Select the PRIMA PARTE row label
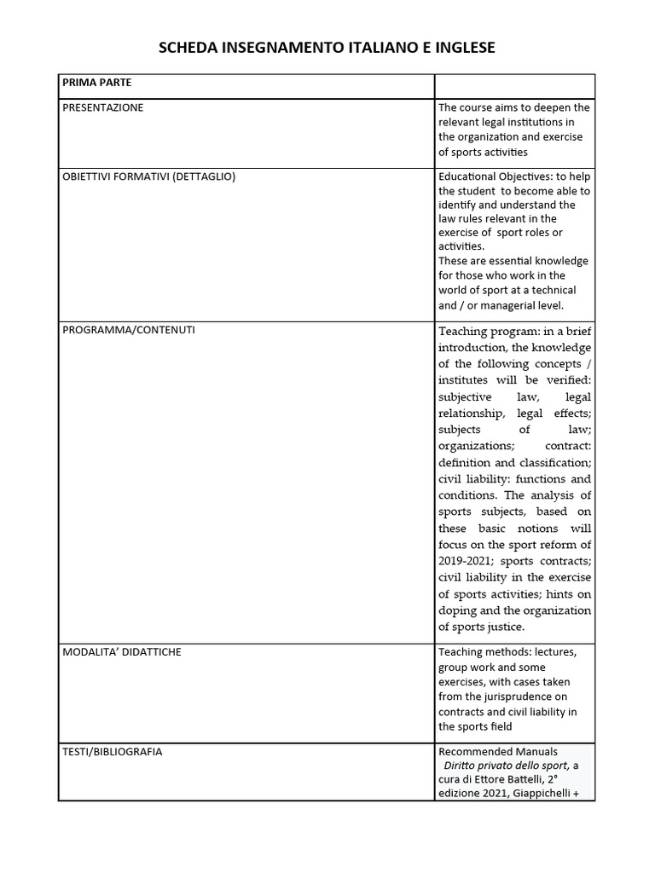point(96,83)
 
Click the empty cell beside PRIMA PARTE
point(514,86)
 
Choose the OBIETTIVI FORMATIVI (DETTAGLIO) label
point(149,176)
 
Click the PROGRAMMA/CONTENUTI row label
point(129,330)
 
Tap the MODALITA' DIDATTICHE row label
point(122,652)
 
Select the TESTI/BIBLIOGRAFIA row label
point(113,752)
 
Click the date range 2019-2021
point(466,561)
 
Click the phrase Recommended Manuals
point(498,752)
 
